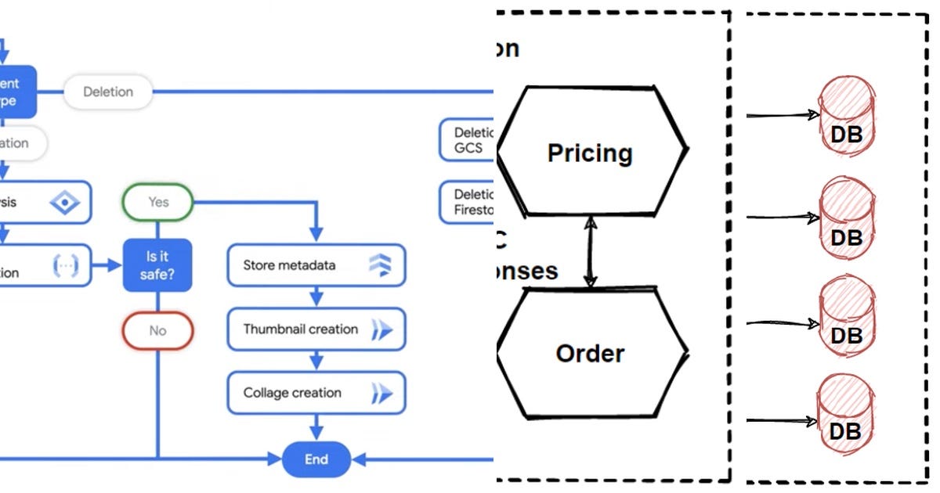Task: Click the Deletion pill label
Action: pyautogui.click(x=107, y=92)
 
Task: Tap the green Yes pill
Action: pyautogui.click(x=157, y=202)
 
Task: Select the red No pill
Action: pyautogui.click(x=157, y=330)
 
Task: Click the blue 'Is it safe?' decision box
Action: pyautogui.click(x=157, y=264)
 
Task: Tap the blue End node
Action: pyautogui.click(x=316, y=459)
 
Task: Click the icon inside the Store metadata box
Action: pyautogui.click(x=380, y=265)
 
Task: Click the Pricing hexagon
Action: pyautogui.click(x=591, y=151)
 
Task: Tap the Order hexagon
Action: pyautogui.click(x=591, y=353)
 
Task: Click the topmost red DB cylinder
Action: pyautogui.click(x=846, y=117)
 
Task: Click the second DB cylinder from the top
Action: pyautogui.click(x=846, y=219)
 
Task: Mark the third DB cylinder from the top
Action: pyautogui.click(x=846, y=318)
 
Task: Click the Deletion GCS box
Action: pyautogui.click(x=468, y=140)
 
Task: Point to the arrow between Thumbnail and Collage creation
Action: pyautogui.click(x=316, y=361)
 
